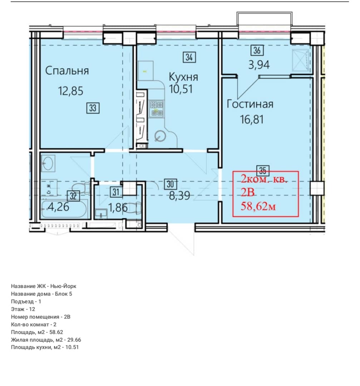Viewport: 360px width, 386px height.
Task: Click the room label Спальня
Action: click(x=67, y=71)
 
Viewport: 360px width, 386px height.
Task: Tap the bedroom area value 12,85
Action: click(x=71, y=91)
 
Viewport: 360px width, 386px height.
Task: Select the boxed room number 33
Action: click(x=93, y=108)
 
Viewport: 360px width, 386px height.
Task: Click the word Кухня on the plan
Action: click(x=183, y=77)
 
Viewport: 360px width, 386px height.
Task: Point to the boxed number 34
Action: click(x=189, y=57)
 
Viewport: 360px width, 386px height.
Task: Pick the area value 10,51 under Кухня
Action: click(x=181, y=89)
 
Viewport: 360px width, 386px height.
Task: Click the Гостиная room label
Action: click(x=250, y=104)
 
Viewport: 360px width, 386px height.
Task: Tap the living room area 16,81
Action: click(x=252, y=119)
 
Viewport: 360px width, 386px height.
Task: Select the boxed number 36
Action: click(x=257, y=50)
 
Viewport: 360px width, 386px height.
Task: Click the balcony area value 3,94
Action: click(x=259, y=65)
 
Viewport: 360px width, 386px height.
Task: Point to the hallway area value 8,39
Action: click(x=179, y=196)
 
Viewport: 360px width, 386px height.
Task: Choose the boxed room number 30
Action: click(x=171, y=184)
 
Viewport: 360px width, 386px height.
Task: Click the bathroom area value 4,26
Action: click(x=58, y=207)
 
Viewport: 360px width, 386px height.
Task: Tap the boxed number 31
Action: click(x=116, y=192)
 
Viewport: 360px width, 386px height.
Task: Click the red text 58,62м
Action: click(x=258, y=206)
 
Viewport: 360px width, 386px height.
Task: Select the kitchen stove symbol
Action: click(x=157, y=108)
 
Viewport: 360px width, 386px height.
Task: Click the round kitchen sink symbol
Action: click(x=160, y=136)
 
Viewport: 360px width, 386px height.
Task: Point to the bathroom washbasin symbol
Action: click(x=48, y=163)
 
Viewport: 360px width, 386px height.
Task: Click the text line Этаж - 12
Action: click(x=23, y=309)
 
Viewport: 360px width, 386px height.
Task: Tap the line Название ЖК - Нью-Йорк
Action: click(x=44, y=286)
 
